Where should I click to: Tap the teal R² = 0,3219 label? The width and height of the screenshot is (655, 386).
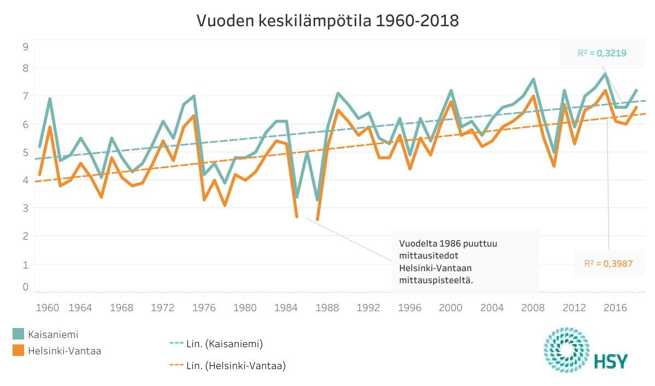click(x=601, y=54)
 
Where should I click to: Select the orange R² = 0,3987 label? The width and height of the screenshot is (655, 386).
click(x=608, y=264)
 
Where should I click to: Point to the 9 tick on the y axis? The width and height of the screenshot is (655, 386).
click(x=25, y=47)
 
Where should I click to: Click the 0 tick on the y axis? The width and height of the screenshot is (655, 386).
click(x=25, y=286)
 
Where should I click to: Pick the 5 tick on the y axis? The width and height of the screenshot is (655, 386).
click(x=25, y=153)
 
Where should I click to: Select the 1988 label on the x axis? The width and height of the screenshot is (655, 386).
click(x=328, y=307)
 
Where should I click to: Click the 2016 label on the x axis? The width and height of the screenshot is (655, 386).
click(x=615, y=307)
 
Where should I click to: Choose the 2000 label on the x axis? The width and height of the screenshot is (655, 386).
click(x=451, y=307)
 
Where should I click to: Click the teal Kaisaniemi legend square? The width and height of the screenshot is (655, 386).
click(x=18, y=334)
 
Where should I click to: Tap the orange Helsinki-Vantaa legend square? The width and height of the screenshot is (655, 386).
click(x=18, y=350)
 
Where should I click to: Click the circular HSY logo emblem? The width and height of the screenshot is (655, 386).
click(x=566, y=350)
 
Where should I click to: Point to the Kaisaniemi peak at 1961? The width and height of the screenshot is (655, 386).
click(x=50, y=99)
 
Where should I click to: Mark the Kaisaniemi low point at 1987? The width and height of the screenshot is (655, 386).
click(x=317, y=200)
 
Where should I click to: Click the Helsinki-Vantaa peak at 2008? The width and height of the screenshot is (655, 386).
click(x=533, y=97)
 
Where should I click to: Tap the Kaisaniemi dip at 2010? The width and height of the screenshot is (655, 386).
click(x=554, y=152)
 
